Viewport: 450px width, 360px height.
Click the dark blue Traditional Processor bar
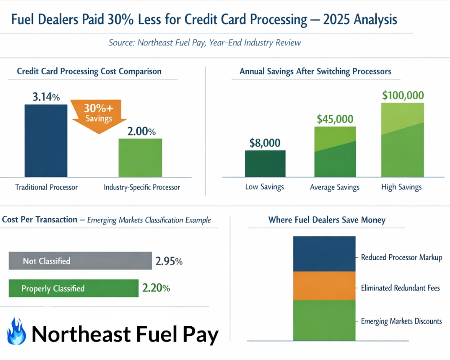46,140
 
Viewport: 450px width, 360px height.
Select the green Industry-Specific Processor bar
140,157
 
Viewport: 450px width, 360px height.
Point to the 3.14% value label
46,97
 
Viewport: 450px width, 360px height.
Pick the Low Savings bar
265,163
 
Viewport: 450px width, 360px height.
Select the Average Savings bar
335,152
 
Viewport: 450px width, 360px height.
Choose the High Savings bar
402,140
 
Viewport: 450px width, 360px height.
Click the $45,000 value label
335,119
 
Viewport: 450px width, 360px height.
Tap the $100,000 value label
403,95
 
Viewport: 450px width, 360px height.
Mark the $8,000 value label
265,143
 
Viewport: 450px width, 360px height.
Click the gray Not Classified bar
80,261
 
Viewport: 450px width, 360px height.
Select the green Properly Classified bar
73,288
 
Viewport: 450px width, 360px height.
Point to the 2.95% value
169,261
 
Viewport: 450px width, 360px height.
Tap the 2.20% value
156,288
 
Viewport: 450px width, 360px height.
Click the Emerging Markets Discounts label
401,321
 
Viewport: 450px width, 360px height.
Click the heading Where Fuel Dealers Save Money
327,220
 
